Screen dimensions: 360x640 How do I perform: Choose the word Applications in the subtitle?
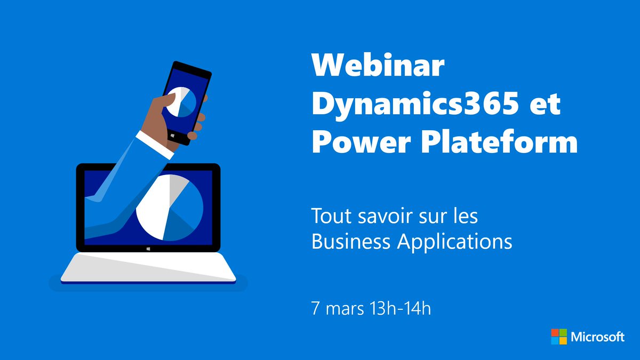point(455,242)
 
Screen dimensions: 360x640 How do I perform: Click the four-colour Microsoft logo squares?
point(558,337)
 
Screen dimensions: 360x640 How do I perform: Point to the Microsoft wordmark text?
point(597,337)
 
